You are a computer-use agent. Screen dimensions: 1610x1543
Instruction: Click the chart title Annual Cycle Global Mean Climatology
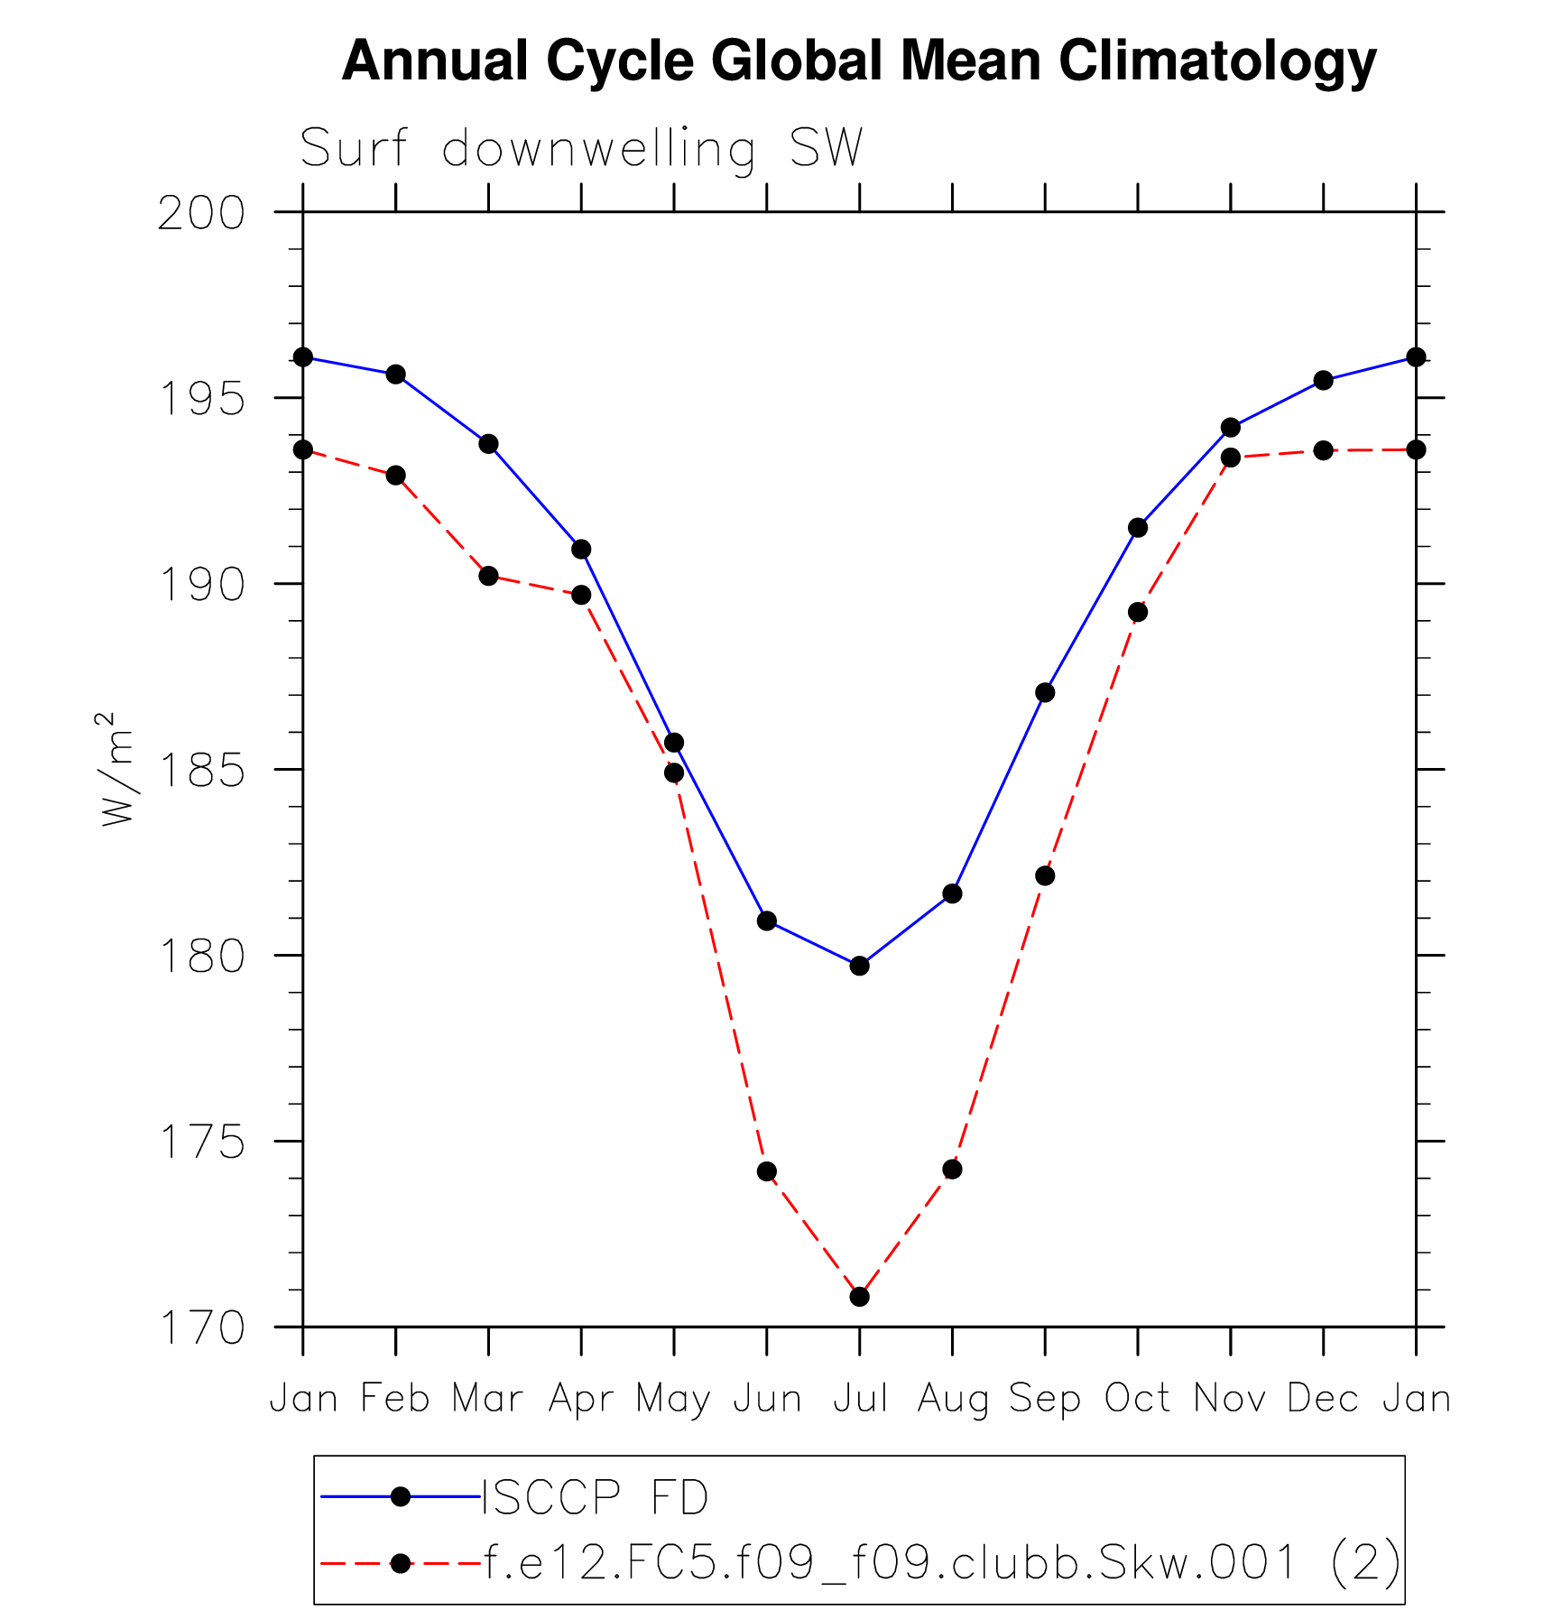click(859, 61)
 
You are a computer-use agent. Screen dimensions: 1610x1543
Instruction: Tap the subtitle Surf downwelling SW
click(581, 148)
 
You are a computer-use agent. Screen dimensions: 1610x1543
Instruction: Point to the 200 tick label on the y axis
click(201, 214)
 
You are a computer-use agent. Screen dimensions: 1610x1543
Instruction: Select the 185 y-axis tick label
click(201, 771)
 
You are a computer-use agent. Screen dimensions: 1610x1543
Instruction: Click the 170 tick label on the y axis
click(201, 1328)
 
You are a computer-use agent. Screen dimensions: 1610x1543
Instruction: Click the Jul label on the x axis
click(860, 1398)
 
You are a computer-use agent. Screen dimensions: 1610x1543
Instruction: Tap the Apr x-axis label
click(581, 1399)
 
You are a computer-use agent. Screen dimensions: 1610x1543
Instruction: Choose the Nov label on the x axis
click(1230, 1398)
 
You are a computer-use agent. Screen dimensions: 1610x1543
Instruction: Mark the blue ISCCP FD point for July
click(859, 966)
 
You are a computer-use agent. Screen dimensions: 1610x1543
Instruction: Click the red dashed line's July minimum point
click(859, 1297)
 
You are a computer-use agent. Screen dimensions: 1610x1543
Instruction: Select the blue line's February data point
click(396, 375)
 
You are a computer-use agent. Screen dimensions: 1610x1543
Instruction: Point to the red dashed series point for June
click(767, 1171)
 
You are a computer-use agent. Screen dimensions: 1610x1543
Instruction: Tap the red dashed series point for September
click(1045, 875)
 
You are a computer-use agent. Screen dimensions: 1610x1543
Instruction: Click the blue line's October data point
click(1138, 528)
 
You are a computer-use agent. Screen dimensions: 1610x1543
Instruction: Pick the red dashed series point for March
click(488, 576)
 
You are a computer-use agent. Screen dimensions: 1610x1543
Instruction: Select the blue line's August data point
click(952, 893)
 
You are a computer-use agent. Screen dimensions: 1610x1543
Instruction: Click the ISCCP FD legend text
click(596, 1498)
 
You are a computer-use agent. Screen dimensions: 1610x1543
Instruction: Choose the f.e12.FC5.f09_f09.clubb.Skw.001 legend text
click(942, 1562)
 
